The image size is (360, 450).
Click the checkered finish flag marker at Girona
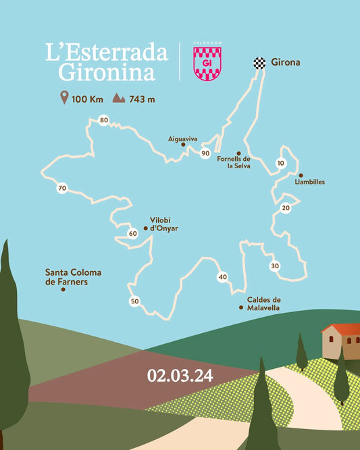coord(259,62)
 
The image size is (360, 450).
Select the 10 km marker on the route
coord(280,163)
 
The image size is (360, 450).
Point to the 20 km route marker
coord(286,208)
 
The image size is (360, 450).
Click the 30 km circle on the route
coord(275,266)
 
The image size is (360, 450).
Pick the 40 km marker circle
coord(222,276)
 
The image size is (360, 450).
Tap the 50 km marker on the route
coord(134,301)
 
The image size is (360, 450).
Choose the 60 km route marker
coord(132,234)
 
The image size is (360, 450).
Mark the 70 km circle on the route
coord(62,188)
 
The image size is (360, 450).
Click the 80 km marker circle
coord(103,120)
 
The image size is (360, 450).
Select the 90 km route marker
coord(205,153)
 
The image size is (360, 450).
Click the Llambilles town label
coord(310,182)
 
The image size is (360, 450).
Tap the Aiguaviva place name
coord(182,139)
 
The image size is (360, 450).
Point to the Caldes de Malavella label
coord(263,303)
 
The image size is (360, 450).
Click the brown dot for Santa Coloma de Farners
coord(63,290)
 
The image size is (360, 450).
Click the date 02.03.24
coord(180,376)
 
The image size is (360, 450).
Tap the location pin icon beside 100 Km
coord(64,99)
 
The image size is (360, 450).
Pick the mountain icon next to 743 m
coord(119,99)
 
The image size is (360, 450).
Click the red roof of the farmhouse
coord(342,329)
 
